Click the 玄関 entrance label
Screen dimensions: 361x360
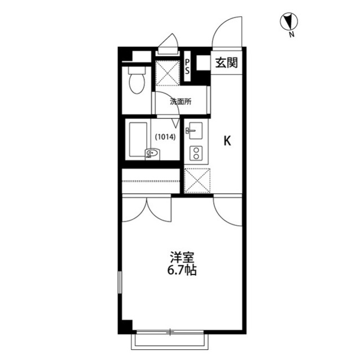(226, 63)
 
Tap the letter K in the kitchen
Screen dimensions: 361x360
(227, 141)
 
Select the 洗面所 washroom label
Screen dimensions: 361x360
(180, 102)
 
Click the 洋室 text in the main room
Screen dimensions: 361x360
(182, 257)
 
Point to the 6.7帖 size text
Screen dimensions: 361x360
(182, 270)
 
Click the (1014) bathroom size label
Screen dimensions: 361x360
(165, 137)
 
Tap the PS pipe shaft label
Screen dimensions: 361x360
(187, 66)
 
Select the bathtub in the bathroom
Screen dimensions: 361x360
(138, 140)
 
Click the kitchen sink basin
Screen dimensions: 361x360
(196, 130)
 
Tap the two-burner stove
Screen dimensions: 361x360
(196, 153)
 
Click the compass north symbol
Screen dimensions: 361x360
(289, 21)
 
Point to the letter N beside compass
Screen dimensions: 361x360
(292, 35)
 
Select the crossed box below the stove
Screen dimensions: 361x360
(197, 181)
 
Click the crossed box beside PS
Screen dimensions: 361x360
(168, 73)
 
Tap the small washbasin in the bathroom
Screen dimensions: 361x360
(152, 153)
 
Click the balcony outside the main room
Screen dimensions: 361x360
(170, 342)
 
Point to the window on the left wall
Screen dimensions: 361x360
(120, 282)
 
